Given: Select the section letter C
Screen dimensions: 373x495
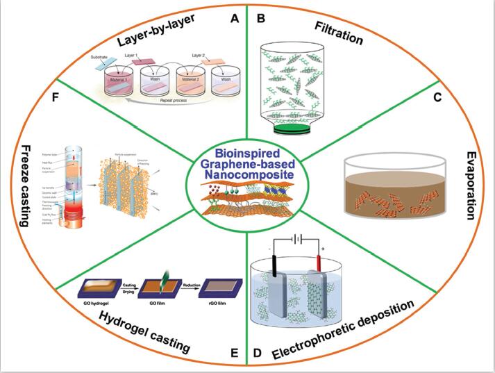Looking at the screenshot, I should click(x=437, y=97).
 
